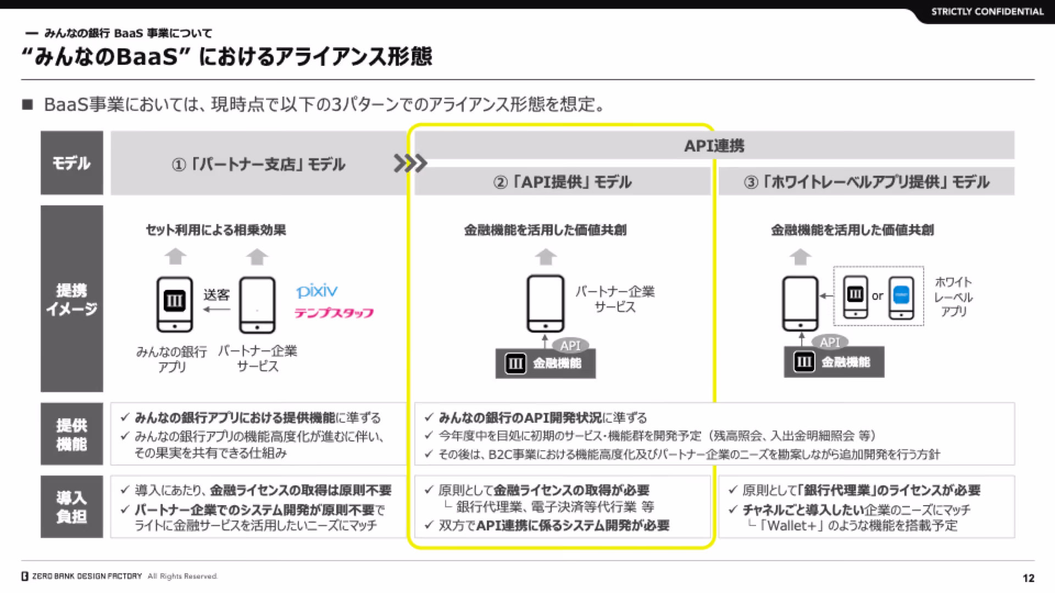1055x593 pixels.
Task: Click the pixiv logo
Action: [316, 290]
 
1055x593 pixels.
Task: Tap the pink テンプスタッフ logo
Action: [334, 313]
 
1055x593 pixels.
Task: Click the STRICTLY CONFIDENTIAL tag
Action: [987, 12]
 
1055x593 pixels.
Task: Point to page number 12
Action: [1029, 578]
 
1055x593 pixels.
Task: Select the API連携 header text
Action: [714, 146]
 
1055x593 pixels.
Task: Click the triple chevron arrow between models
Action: [410, 163]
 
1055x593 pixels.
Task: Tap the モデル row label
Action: [71, 163]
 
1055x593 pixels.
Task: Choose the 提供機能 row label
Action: [71, 434]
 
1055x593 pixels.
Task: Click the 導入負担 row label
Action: [71, 507]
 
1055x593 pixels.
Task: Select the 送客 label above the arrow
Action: [216, 295]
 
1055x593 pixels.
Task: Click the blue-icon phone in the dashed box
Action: [901, 298]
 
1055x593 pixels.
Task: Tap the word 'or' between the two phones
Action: [878, 296]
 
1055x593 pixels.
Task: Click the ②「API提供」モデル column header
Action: [562, 182]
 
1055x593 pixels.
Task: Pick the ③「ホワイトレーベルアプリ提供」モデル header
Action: [867, 182]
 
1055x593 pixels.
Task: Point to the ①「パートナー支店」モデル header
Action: [258, 164]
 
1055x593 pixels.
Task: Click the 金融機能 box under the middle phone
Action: [546, 363]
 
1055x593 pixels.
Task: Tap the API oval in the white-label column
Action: [830, 342]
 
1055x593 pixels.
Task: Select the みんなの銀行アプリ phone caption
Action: [172, 359]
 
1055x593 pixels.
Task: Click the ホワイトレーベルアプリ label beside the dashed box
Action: [953, 296]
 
